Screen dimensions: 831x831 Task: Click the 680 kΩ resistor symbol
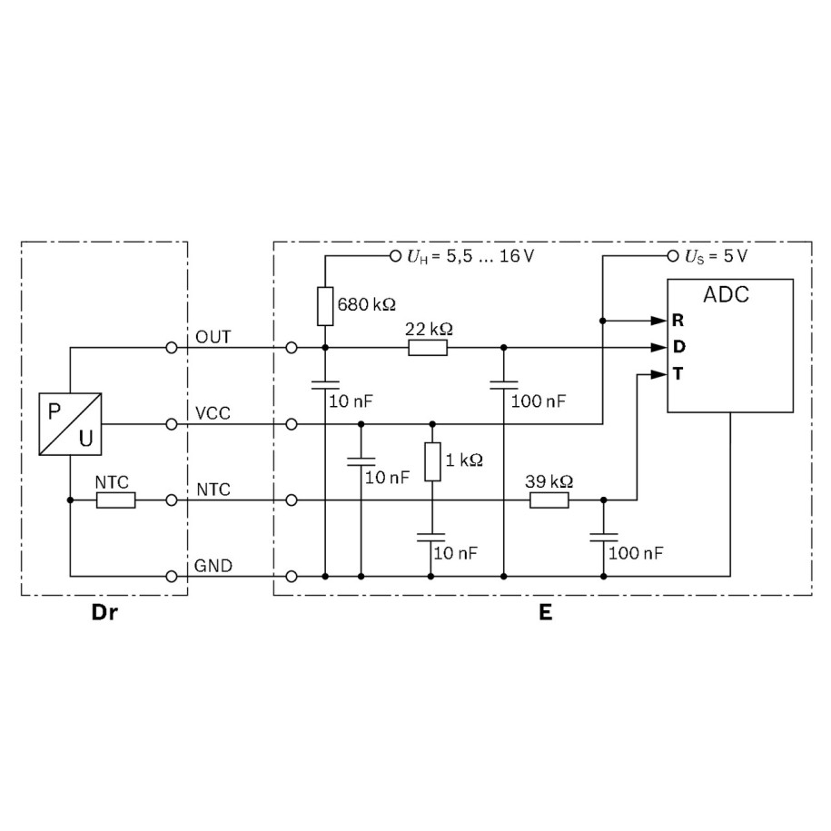[x=325, y=306]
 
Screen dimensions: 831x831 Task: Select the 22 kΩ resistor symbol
[x=428, y=347]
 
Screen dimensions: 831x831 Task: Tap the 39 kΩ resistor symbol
[x=549, y=500]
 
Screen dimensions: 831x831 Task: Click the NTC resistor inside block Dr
[x=116, y=500]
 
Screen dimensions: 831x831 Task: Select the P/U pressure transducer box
[x=71, y=424]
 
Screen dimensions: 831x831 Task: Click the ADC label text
[x=727, y=296]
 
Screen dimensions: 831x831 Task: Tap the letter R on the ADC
[x=678, y=321]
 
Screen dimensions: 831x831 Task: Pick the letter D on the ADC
[x=678, y=347]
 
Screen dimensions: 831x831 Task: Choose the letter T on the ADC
[x=678, y=373]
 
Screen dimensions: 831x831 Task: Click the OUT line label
[x=213, y=337]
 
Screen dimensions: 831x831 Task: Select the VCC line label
[x=213, y=413]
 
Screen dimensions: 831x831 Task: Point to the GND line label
[x=213, y=566]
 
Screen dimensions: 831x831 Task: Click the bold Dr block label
[x=104, y=612]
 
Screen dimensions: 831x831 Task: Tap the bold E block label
[x=545, y=612]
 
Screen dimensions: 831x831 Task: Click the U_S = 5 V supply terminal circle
[x=673, y=256]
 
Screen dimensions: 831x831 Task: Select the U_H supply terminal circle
[x=395, y=256]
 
